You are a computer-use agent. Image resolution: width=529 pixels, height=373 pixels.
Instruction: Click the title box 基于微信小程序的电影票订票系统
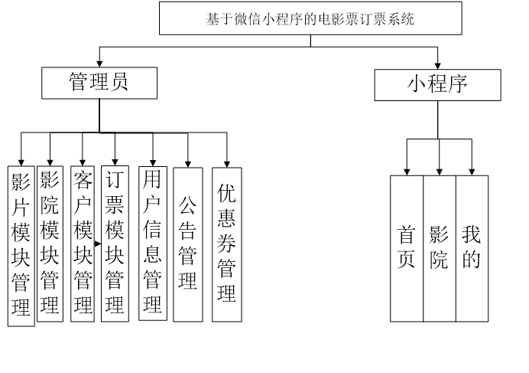(x=310, y=18)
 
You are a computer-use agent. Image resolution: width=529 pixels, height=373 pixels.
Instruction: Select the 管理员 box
(x=99, y=83)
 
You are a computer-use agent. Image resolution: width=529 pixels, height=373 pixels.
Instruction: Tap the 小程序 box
(x=437, y=84)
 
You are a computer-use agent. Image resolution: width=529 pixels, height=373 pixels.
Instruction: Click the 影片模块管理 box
(x=21, y=245)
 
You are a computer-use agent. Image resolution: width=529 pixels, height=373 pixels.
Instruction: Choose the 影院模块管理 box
(x=50, y=243)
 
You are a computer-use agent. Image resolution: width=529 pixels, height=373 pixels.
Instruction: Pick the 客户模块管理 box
(x=83, y=243)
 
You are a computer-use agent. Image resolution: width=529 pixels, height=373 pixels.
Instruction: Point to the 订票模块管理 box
(x=115, y=243)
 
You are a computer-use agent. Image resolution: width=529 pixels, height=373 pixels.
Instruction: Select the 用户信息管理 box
(x=153, y=243)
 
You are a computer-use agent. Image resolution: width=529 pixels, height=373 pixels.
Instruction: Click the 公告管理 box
(x=187, y=244)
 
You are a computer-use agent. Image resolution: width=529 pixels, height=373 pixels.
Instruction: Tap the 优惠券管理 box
(x=226, y=244)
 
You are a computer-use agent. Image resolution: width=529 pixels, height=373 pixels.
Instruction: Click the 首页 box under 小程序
(x=407, y=248)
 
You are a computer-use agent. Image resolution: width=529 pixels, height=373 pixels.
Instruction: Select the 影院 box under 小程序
(x=439, y=248)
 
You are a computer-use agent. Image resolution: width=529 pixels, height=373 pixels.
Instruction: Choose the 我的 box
(x=472, y=248)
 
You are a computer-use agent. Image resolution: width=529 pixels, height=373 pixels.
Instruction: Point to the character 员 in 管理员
(x=119, y=83)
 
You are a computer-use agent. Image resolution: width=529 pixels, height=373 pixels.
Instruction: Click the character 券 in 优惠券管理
(x=226, y=243)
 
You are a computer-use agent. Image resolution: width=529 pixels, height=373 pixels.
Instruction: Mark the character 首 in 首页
(x=407, y=235)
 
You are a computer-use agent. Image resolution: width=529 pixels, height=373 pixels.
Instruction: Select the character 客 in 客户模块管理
(x=83, y=181)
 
